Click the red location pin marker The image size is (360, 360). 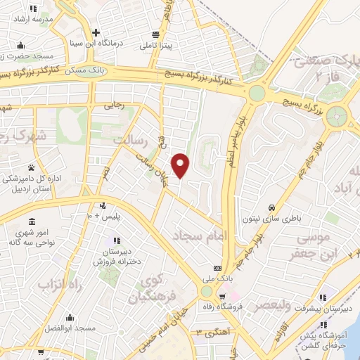pyautogui.click(x=181, y=165)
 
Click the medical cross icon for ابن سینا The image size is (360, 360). pyautogui.click(x=96, y=32)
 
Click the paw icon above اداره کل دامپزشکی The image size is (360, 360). pyautogui.click(x=32, y=167)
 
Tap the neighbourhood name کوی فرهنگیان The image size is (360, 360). pyautogui.click(x=148, y=290)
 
